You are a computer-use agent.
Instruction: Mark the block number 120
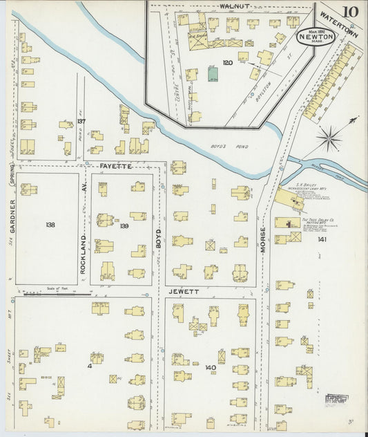[226, 63]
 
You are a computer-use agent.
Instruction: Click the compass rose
[330, 136]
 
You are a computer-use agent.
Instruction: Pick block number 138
[49, 225]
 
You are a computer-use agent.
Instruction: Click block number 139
[124, 226]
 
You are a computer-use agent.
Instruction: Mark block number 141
[322, 239]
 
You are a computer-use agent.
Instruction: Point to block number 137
[81, 121]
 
